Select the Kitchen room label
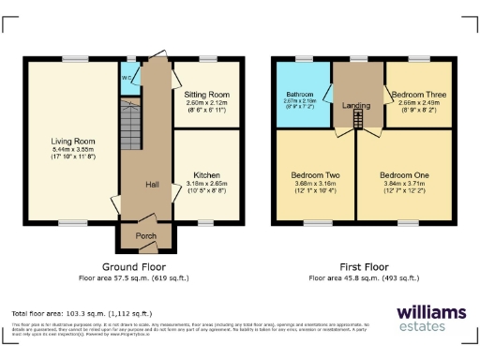pyautogui.click(x=206, y=174)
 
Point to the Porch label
pyautogui.click(x=146, y=235)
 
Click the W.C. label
pyautogui.click(x=126, y=77)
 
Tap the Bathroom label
pyautogui.click(x=301, y=95)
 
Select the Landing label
pyautogui.click(x=354, y=105)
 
